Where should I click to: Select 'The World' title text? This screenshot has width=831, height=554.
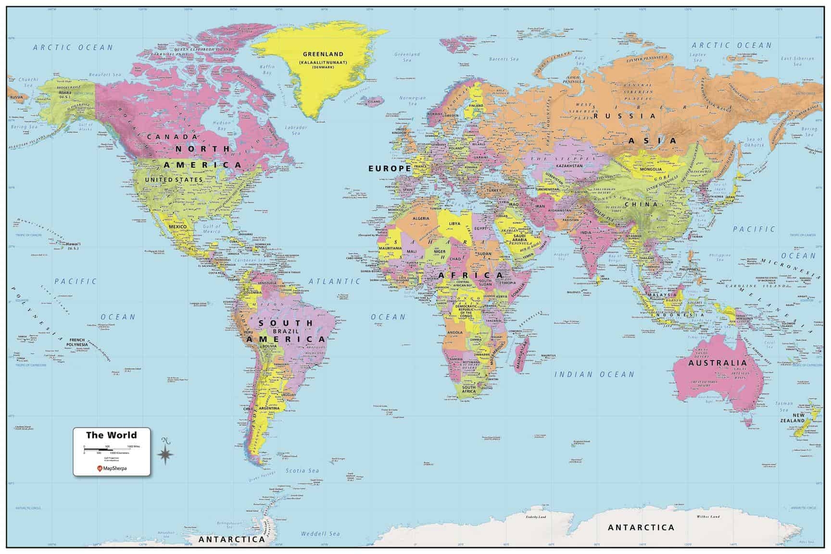(x=111, y=435)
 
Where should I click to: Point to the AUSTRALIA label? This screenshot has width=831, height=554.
(x=718, y=363)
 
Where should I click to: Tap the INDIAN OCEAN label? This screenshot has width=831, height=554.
(x=594, y=374)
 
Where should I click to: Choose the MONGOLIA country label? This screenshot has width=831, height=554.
(x=651, y=169)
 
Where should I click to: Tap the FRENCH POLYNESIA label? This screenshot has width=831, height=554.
(x=77, y=342)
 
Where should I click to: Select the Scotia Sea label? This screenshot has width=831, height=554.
(x=302, y=470)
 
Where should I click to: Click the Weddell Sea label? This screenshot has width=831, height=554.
(x=320, y=533)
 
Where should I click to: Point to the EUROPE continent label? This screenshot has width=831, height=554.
(x=390, y=168)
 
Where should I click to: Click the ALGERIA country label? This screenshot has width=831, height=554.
(x=421, y=219)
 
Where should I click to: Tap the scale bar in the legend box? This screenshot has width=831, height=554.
(x=111, y=449)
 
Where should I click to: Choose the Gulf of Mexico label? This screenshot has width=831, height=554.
(x=212, y=229)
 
